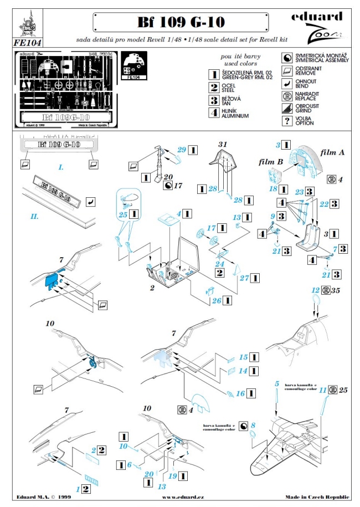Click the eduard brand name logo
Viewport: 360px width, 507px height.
(323, 18)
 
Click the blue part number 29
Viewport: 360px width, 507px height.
(182, 150)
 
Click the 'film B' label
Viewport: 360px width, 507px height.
(266, 162)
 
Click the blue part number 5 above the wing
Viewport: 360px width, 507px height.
(276, 383)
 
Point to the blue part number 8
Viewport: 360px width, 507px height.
(253, 426)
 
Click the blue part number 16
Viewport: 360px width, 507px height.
(240, 393)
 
